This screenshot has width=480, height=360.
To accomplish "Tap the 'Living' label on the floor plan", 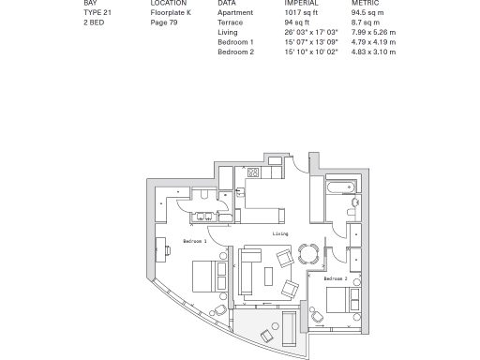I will (x=280, y=233).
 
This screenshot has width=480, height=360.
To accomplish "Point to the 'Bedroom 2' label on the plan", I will (x=336, y=278).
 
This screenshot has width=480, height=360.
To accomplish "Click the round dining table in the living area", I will (x=307, y=252).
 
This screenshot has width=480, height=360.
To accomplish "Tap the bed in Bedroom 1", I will (x=206, y=275).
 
